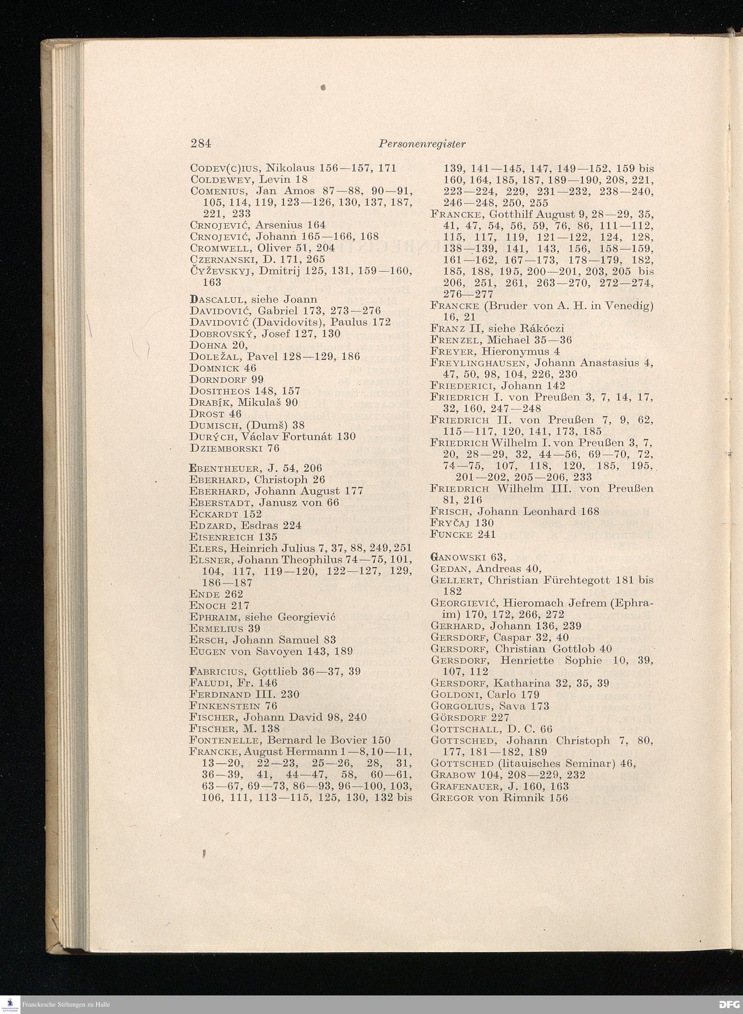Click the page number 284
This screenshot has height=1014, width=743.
coord(201,143)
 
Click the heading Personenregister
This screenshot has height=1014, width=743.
coord(421,143)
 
